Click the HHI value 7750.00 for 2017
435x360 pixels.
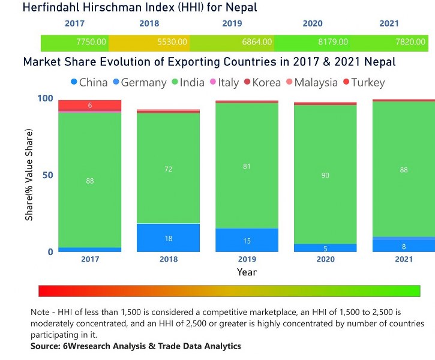point(91,43)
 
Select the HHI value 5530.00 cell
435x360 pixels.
point(172,43)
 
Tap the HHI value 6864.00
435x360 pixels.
point(257,43)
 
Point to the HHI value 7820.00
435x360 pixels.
point(412,43)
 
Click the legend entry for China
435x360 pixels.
point(89,82)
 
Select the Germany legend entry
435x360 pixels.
point(138,82)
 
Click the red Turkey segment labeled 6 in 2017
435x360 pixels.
point(89,106)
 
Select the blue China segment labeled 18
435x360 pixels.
point(169,238)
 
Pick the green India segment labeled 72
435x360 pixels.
point(169,169)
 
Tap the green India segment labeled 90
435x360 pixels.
point(325,175)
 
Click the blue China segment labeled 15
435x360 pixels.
point(247,241)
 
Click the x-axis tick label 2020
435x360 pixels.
point(325,260)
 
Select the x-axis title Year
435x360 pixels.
point(247,272)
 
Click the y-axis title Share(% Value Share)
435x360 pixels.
point(29,175)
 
